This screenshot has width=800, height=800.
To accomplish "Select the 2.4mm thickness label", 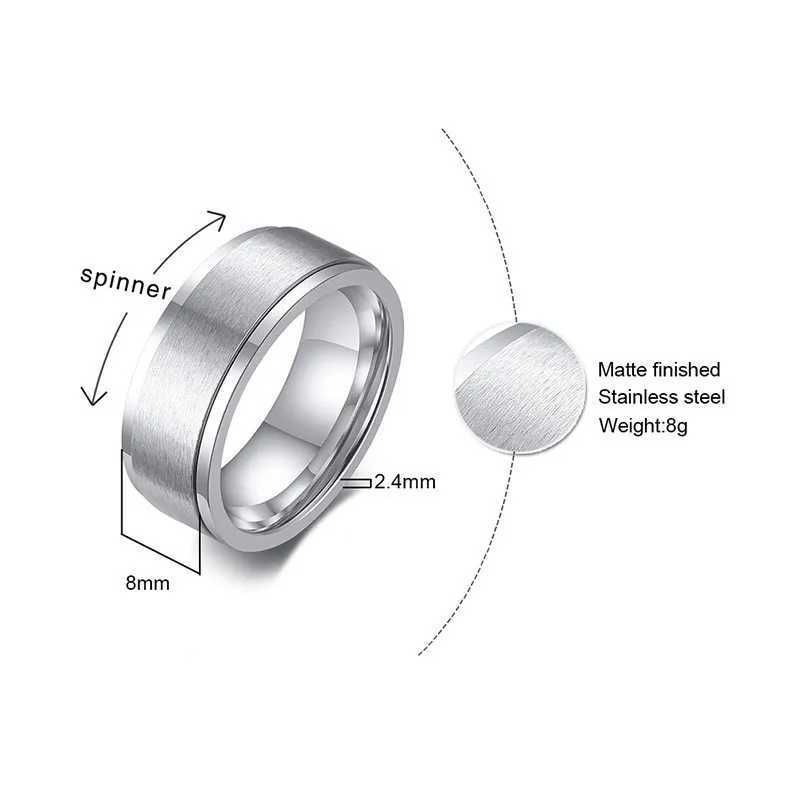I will pos(405,482).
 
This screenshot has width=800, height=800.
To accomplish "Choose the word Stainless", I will pos(639,398).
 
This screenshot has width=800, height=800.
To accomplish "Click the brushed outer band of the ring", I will pos(200,330).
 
